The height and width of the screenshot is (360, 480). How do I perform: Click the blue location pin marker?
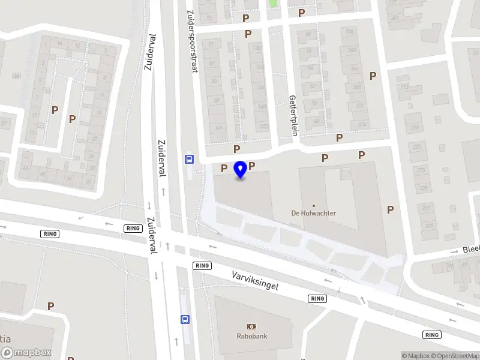[x=241, y=170]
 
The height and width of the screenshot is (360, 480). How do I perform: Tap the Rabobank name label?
[x=251, y=337]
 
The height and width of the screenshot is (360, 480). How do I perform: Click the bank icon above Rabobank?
[x=251, y=326]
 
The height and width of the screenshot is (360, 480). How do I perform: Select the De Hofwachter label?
[x=313, y=213]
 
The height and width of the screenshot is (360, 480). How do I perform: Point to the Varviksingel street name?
[x=256, y=280]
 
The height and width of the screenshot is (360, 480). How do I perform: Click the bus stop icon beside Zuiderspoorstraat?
[x=189, y=159]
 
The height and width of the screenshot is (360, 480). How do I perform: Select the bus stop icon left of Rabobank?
[x=185, y=319]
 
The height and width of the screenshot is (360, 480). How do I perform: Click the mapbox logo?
[x=26, y=353]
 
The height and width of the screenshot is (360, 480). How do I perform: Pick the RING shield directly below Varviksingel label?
[x=317, y=298]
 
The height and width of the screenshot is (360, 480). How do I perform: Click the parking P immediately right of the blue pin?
[x=252, y=166]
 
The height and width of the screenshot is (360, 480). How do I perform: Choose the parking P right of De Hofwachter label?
[x=391, y=209]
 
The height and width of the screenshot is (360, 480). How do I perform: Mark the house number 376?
[x=362, y=124]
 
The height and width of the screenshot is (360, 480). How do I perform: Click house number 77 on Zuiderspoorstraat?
[x=210, y=44]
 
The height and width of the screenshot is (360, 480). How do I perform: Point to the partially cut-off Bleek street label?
[x=470, y=250]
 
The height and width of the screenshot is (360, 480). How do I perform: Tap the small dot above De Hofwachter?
[x=313, y=205]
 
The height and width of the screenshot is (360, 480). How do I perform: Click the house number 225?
[x=423, y=170]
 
